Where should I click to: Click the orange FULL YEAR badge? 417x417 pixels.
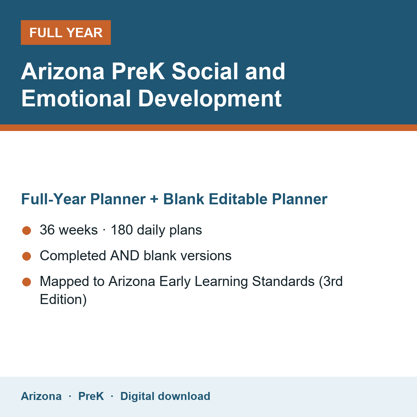tap(66, 32)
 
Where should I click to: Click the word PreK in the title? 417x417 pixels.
tap(138, 71)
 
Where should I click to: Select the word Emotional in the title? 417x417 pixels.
tap(76, 98)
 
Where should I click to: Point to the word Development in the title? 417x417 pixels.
tap(210, 99)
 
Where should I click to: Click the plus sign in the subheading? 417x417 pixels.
tap(154, 199)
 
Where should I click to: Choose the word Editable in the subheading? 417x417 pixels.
tap(238, 199)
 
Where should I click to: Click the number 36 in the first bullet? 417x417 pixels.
tap(47, 230)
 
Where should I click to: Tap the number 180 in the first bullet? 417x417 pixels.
tap(122, 230)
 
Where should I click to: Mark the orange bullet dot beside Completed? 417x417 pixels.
tap(27, 256)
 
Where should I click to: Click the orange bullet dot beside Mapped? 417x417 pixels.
tap(27, 282)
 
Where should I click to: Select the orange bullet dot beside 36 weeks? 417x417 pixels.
tap(27, 230)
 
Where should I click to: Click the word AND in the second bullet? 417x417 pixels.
tap(125, 255)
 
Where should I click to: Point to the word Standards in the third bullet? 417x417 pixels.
tap(283, 281)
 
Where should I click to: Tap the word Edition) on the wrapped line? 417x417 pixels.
tap(63, 300)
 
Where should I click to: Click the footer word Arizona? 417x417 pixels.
tap(41, 396)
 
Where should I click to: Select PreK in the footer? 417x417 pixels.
tap(91, 396)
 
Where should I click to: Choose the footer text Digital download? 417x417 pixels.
tap(165, 396)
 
